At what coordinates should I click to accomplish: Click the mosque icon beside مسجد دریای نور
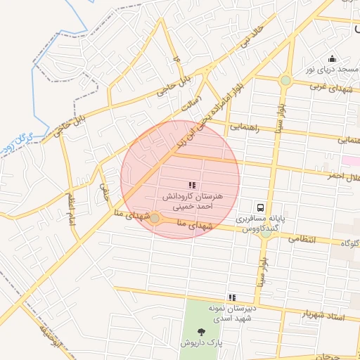click(x=332, y=59)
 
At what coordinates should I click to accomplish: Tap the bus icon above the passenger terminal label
click(x=261, y=207)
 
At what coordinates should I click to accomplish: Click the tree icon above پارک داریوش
click(x=202, y=331)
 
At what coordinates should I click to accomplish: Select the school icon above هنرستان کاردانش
click(x=192, y=185)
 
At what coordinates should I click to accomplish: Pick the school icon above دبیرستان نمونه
click(x=232, y=298)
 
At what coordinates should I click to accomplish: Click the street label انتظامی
click(x=303, y=240)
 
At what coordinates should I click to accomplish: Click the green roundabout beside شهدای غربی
click(x=285, y=81)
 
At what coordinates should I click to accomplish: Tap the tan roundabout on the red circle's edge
click(x=155, y=219)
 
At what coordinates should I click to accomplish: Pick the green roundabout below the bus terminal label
click(x=265, y=234)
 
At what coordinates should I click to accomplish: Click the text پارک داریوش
click(x=201, y=344)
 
